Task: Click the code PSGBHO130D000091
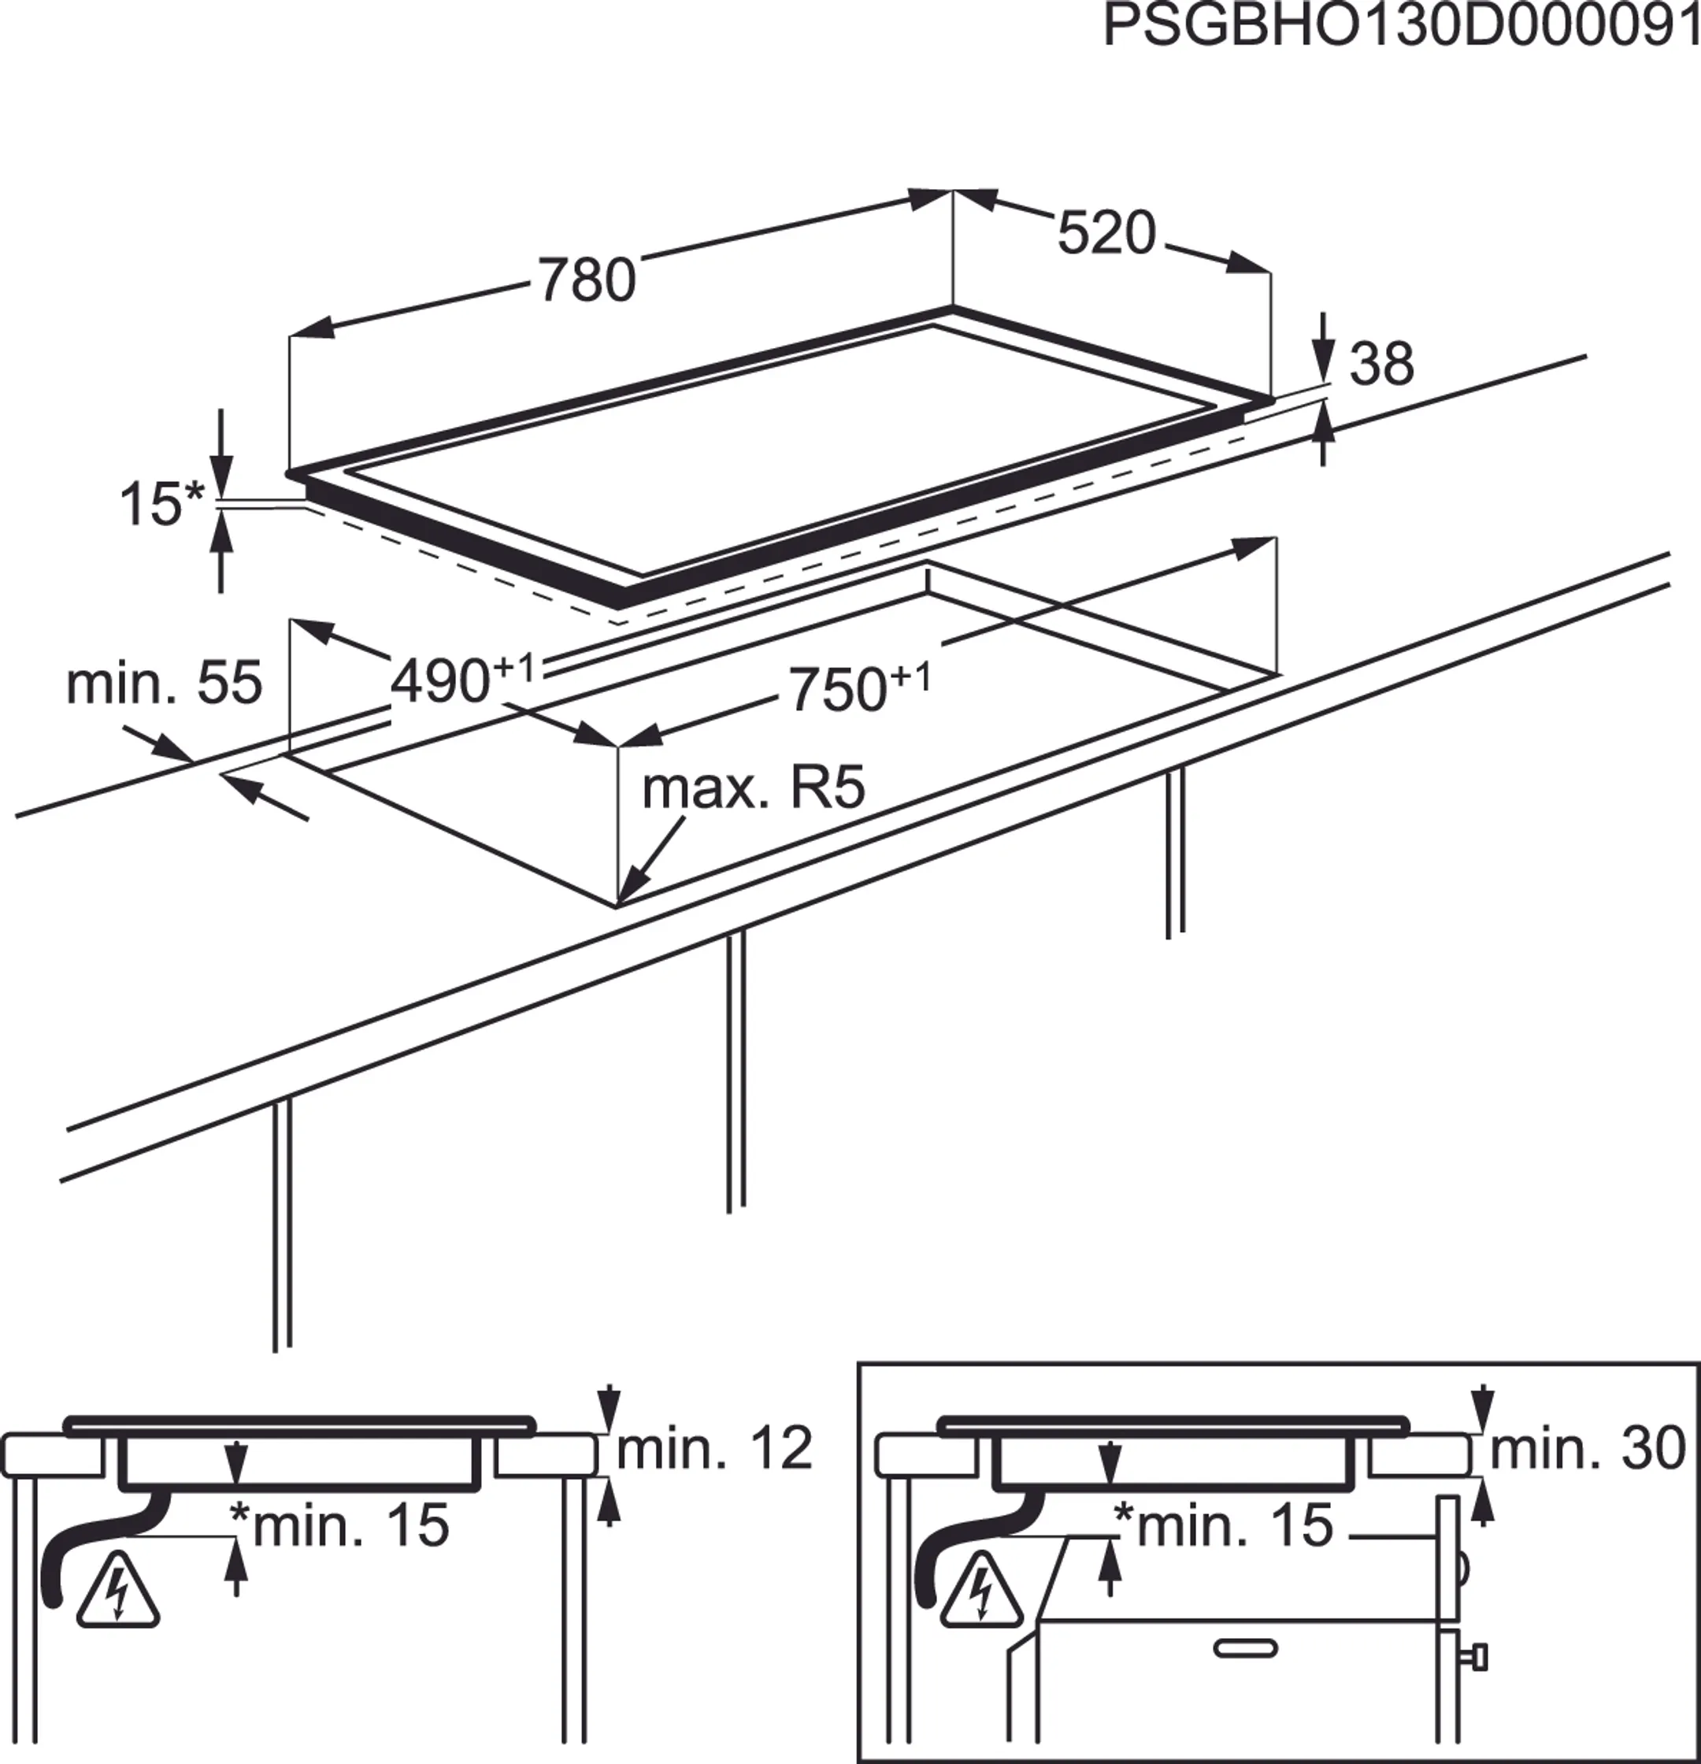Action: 1400,27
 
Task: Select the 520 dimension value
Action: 1105,233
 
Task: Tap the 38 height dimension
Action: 1382,365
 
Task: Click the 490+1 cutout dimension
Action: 461,680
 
